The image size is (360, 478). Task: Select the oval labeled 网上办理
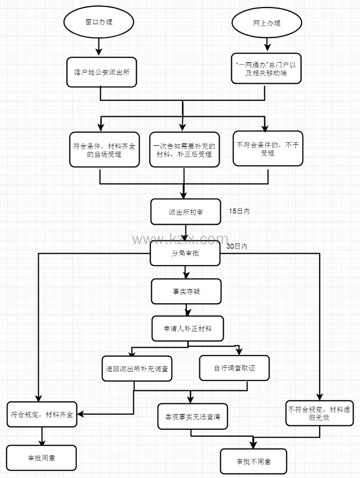267,23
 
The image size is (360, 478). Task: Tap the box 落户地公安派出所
101,71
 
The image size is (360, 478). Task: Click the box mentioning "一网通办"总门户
267,69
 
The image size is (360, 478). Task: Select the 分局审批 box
185,253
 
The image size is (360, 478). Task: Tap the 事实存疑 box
185,291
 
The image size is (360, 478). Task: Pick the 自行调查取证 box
234,369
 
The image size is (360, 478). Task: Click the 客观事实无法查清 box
193,415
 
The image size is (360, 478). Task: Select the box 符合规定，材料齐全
42,414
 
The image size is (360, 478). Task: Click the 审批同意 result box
42,458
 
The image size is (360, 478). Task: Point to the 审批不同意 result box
253,461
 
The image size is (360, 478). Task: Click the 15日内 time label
239,211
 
